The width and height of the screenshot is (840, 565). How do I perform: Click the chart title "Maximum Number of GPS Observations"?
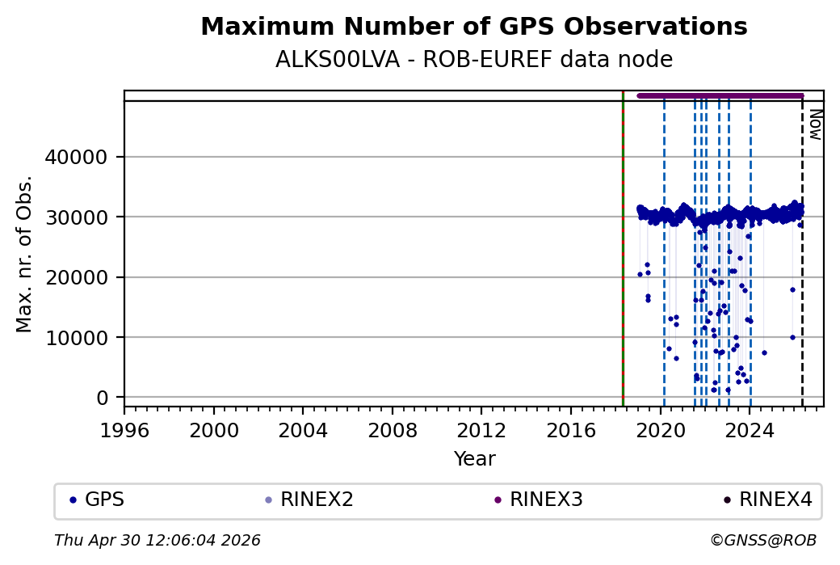[x=473, y=27]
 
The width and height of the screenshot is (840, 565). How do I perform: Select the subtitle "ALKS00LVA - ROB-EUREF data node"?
[x=473, y=60]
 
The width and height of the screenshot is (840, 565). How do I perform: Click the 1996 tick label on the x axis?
[x=124, y=429]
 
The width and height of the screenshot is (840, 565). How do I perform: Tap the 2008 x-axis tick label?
[x=393, y=429]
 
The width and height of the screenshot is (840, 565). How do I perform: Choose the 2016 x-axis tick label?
[x=571, y=429]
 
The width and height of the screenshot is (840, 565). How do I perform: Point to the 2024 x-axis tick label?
[x=750, y=429]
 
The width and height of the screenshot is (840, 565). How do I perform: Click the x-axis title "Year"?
[x=474, y=459]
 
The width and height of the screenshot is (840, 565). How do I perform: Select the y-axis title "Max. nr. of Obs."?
[x=24, y=253]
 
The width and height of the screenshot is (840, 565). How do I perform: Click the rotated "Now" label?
[x=816, y=124]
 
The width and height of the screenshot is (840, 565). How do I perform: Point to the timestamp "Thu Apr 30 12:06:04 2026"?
[x=157, y=540]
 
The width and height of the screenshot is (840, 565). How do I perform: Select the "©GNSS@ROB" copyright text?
[x=763, y=540]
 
